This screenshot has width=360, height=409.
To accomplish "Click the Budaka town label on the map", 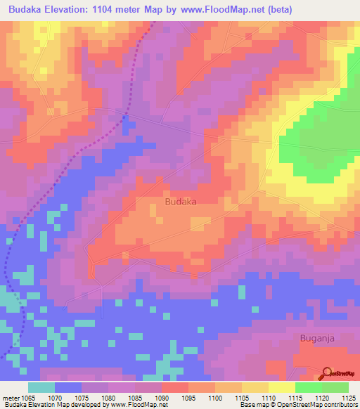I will [x=180, y=202].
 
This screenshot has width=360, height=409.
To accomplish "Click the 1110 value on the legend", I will [x=269, y=398].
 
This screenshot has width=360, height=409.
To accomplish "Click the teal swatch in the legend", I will [x=41, y=387].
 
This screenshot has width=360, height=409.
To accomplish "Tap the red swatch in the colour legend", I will [x=174, y=387].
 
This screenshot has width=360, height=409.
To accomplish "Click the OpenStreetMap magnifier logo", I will [x=327, y=372].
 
